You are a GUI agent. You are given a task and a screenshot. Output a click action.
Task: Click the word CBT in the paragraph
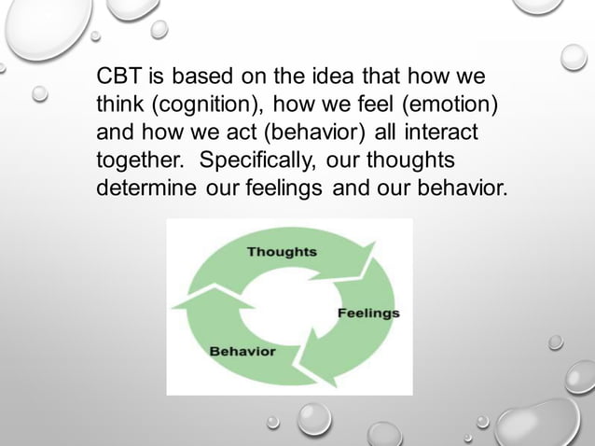click(118, 75)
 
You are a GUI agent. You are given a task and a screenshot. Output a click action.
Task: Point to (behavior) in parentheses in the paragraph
click(315, 131)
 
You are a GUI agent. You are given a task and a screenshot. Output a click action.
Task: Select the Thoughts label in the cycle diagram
click(282, 251)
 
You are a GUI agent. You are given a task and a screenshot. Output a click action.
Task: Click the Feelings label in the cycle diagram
click(368, 313)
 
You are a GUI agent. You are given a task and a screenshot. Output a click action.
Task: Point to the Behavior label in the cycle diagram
click(242, 351)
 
